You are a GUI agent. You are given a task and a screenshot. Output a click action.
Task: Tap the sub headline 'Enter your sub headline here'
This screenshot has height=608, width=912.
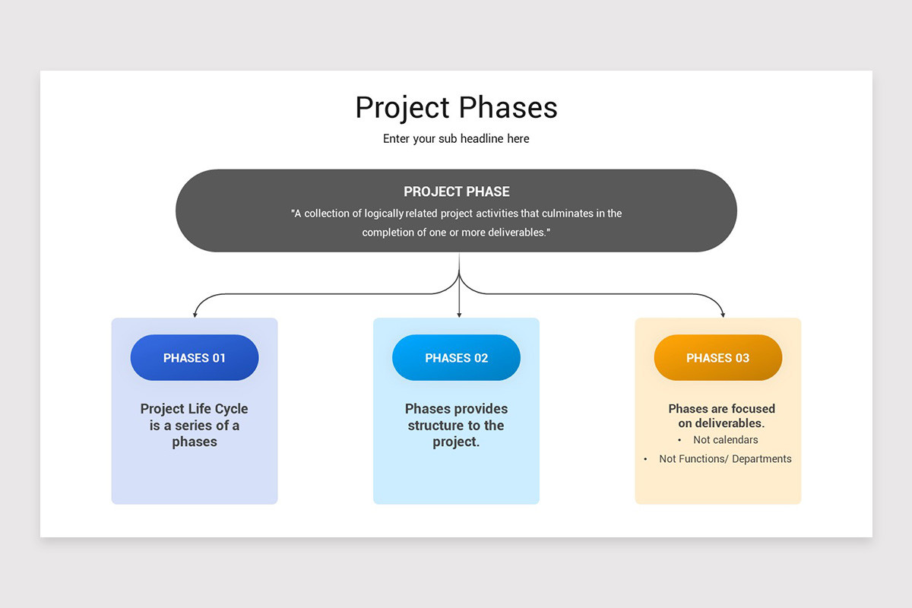pos(456,139)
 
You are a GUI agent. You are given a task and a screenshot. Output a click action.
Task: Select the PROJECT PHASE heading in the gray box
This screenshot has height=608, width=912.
pos(456,192)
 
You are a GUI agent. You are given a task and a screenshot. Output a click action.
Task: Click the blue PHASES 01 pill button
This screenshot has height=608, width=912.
pos(195,358)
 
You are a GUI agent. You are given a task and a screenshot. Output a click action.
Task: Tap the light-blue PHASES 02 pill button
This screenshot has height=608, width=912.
pos(456,358)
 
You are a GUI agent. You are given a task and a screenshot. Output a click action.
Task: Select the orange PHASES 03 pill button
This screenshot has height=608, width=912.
pos(717,358)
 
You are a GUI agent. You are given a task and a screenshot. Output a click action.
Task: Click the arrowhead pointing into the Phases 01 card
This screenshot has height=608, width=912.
pos(195,313)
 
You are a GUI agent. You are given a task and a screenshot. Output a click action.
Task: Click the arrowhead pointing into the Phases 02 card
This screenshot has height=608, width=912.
pos(459,313)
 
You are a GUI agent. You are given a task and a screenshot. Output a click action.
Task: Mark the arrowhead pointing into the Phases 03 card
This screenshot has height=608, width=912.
pos(723,313)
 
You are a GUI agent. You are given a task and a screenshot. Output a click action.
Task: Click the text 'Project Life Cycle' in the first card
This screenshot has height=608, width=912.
pos(195,409)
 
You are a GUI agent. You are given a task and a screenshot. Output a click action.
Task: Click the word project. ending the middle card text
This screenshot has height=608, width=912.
pos(456,442)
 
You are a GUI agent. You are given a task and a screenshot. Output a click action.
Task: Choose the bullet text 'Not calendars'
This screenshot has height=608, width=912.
pos(725,440)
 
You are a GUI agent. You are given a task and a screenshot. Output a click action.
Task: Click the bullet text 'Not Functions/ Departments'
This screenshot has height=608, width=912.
pos(725,459)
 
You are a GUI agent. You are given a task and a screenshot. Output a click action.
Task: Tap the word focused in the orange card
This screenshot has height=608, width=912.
pos(749,409)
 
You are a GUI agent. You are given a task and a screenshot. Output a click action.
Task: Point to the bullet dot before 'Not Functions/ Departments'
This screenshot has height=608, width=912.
pos(645,459)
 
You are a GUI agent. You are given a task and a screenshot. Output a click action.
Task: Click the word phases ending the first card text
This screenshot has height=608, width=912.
pos(195,442)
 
